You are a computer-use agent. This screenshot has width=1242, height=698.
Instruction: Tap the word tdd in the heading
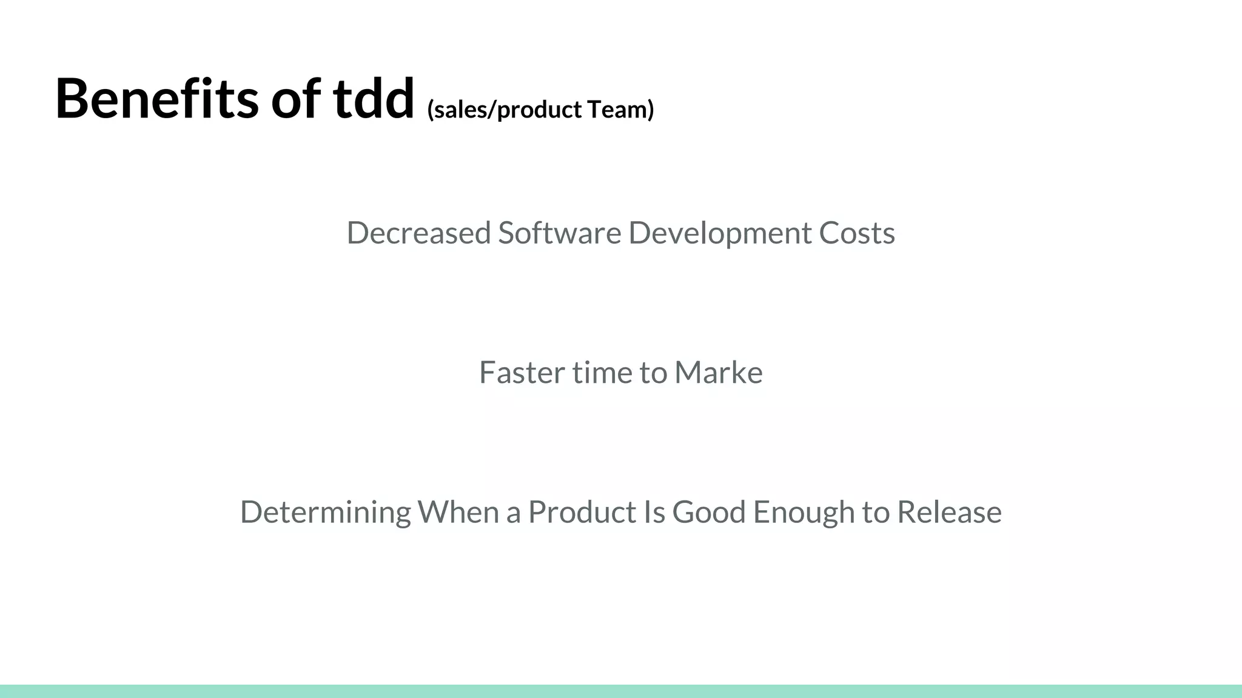373,99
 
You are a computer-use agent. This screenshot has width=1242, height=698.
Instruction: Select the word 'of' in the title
295,99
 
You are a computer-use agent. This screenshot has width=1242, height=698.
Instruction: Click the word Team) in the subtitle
620,110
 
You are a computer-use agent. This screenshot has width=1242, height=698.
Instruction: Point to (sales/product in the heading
505,110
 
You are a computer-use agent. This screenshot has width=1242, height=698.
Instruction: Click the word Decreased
418,233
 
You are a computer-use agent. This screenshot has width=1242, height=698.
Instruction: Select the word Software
559,233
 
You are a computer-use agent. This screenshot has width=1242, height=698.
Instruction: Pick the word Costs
856,233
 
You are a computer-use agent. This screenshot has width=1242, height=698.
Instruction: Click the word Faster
522,373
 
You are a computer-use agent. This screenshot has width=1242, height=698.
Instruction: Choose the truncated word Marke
718,373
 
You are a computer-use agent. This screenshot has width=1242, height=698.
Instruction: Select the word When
458,512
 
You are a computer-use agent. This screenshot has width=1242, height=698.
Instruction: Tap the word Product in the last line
582,512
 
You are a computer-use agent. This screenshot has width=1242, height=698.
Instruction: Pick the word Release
948,512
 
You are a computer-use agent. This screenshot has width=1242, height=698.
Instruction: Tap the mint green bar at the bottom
621,691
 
